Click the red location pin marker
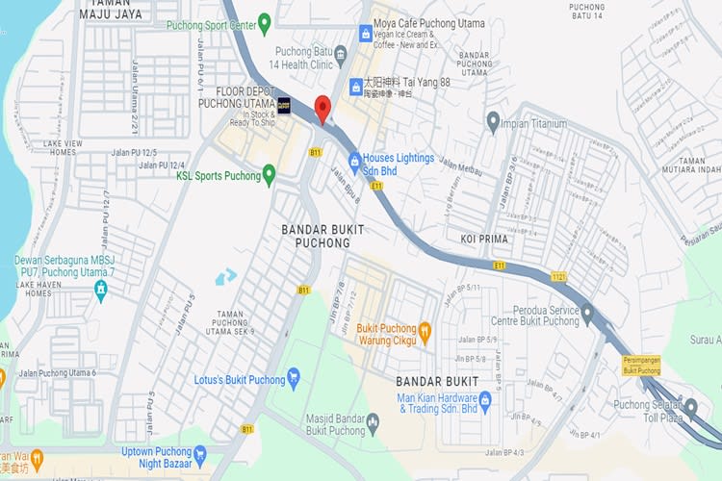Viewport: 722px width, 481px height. click(322, 108)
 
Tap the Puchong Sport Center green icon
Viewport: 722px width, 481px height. click(265, 21)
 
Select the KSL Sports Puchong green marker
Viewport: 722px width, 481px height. click(269, 174)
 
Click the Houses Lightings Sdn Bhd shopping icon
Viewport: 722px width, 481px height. click(355, 159)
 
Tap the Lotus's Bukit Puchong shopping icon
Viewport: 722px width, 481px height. click(294, 375)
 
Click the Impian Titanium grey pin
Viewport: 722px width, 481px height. click(493, 121)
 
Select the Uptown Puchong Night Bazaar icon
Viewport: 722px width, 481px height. click(200, 453)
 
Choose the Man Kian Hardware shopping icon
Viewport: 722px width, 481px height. click(485, 399)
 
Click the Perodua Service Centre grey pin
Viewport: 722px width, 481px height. click(588, 311)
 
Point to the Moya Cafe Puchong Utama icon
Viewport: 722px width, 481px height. click(366, 34)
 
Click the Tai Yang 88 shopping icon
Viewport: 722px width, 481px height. click(355, 88)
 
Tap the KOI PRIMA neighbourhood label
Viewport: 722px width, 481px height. click(483, 239)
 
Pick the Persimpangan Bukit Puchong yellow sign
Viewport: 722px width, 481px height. click(641, 366)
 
